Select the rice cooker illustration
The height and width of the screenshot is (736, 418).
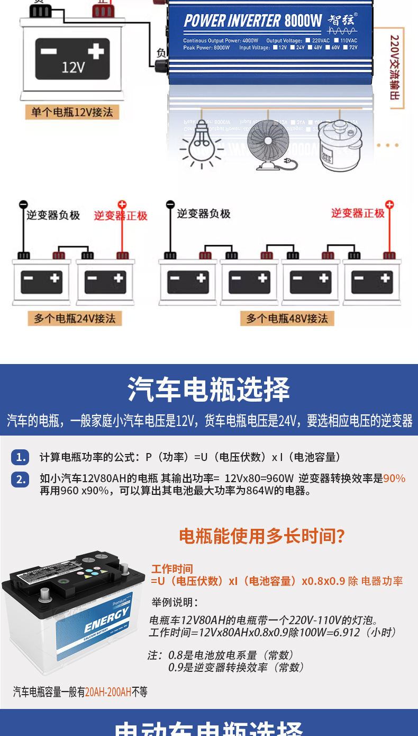point(340,146)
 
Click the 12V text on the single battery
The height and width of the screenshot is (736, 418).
point(73,67)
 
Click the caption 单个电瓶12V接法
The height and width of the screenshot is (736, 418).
point(72,112)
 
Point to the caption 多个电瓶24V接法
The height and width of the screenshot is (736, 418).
point(75,318)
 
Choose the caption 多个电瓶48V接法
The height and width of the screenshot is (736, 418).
point(287,318)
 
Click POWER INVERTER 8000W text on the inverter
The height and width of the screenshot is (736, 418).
point(253,21)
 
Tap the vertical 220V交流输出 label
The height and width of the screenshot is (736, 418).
point(395,67)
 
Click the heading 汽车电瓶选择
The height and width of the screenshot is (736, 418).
point(208,391)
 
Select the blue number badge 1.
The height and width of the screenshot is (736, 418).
point(21,457)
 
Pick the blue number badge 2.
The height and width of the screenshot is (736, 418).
point(21,479)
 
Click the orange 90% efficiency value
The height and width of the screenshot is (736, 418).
point(394,478)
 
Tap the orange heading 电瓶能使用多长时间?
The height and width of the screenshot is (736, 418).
point(262,536)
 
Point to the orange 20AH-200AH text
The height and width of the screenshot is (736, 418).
point(108,692)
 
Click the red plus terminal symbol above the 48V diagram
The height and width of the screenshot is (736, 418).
point(389,205)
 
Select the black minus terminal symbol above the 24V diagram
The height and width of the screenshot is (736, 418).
point(23,205)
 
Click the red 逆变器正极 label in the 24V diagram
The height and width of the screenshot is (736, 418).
point(121,216)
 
